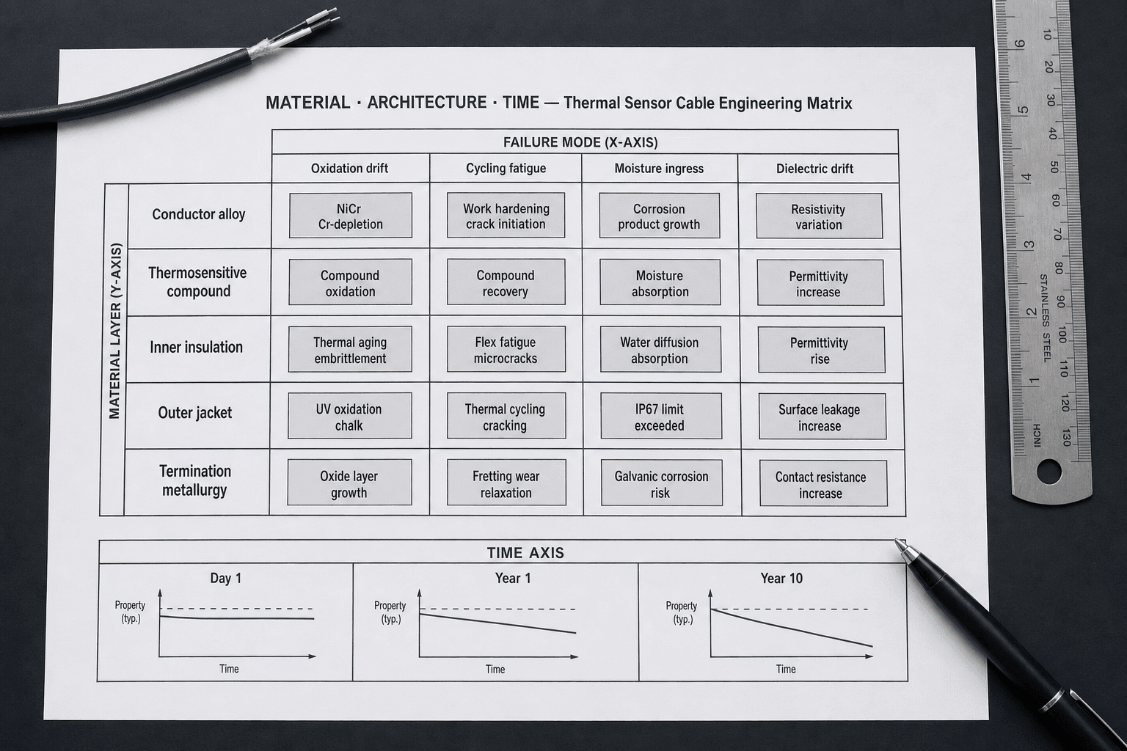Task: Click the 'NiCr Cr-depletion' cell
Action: (x=350, y=216)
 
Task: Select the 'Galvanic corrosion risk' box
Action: (x=662, y=483)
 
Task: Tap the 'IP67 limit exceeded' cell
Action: (x=660, y=416)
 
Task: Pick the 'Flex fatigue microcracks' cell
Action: (x=506, y=349)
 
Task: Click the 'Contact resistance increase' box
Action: (x=824, y=483)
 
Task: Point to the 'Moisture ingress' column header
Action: (x=659, y=169)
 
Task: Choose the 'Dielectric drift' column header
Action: (x=814, y=169)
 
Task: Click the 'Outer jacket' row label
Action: (x=194, y=413)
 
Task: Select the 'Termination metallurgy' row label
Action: (x=194, y=480)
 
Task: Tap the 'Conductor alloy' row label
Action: (x=199, y=214)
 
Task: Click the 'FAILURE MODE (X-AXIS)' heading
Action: (x=580, y=142)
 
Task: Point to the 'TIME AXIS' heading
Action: (x=525, y=553)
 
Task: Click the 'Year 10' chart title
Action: (x=781, y=579)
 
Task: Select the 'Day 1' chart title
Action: (x=226, y=579)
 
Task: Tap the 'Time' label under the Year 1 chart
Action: (x=495, y=669)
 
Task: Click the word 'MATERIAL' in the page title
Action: (x=308, y=103)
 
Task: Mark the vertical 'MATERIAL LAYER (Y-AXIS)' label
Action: (x=115, y=331)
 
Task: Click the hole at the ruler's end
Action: (x=1049, y=472)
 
